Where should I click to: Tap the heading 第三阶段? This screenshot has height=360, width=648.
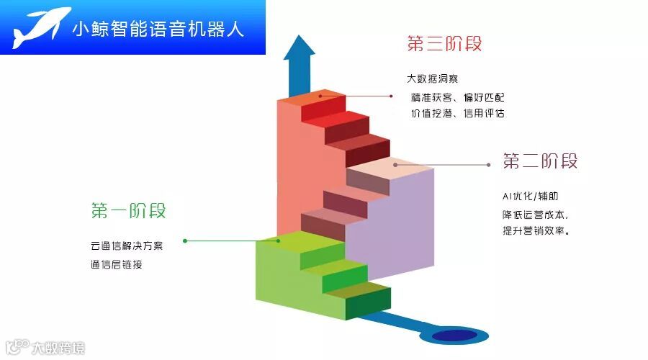pyautogui.click(x=444, y=44)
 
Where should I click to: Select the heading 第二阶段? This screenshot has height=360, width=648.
pyautogui.click(x=540, y=161)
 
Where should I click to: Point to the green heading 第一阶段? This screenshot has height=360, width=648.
pyautogui.click(x=129, y=211)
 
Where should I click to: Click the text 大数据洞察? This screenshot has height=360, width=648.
pyautogui.click(x=432, y=79)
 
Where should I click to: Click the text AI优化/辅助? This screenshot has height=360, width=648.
pyautogui.click(x=530, y=197)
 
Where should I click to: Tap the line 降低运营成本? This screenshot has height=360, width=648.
pyautogui.click(x=536, y=215)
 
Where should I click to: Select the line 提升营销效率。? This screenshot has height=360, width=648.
pyautogui.click(x=536, y=232)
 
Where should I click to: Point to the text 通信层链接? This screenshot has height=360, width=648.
pyautogui.click(x=117, y=264)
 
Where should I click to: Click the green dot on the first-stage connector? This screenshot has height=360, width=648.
pyautogui.click(x=185, y=240)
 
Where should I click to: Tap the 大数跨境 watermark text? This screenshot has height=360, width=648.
pyautogui.click(x=58, y=348)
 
